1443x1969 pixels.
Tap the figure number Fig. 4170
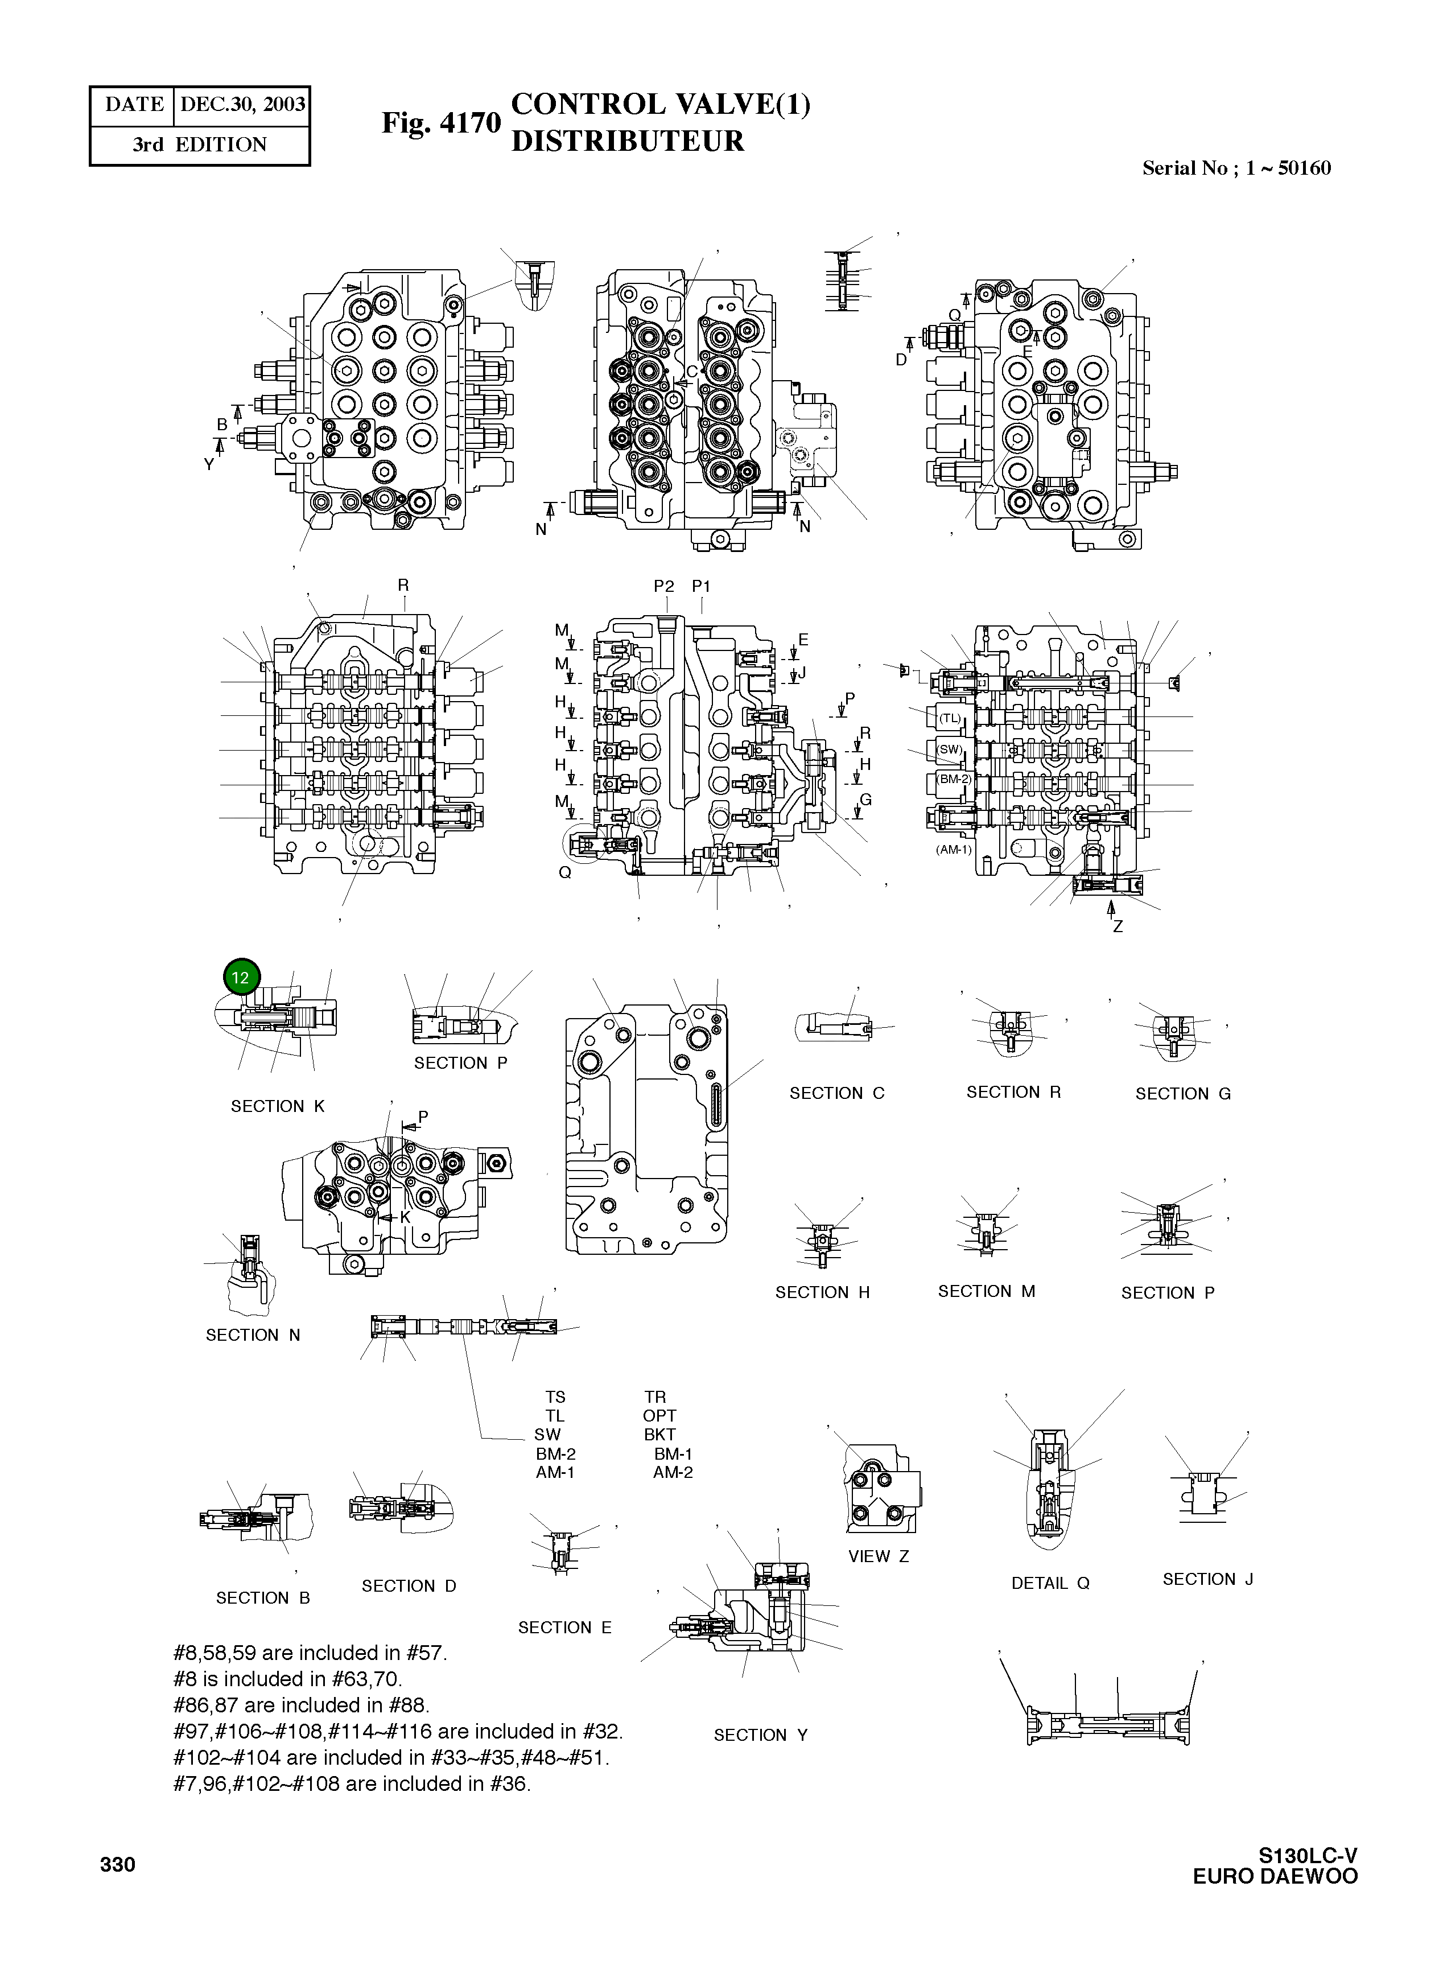point(441,123)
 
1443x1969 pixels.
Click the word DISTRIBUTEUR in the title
point(627,142)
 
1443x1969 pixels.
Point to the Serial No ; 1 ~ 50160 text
point(1236,168)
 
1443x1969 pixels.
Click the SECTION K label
point(277,1106)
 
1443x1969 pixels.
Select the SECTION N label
point(253,1335)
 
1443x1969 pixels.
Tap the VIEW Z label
point(878,1556)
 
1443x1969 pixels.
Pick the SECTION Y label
point(760,1735)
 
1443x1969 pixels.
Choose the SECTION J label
point(1207,1579)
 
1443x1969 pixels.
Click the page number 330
point(118,1864)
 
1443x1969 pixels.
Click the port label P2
point(664,586)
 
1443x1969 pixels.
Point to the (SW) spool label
point(949,749)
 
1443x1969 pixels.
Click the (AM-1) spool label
point(953,849)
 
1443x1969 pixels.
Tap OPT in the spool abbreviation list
point(659,1416)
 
